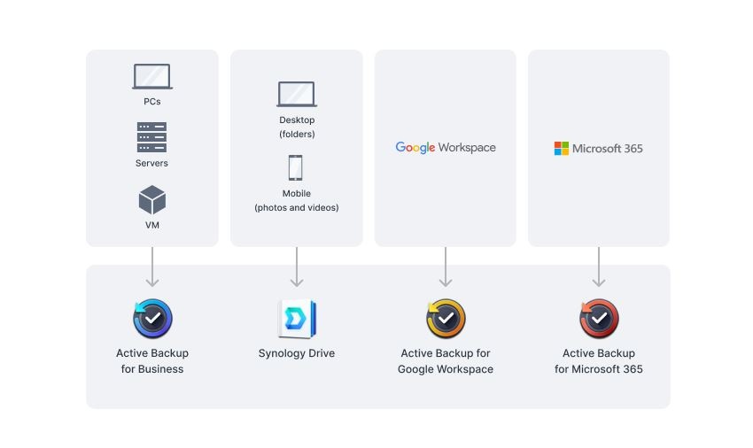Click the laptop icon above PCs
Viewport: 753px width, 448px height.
152,76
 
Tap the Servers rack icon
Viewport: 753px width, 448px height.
151,137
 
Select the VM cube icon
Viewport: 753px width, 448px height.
152,200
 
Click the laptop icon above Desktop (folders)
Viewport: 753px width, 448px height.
297,94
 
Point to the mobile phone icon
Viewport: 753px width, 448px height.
295,167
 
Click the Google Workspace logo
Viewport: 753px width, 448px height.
446,147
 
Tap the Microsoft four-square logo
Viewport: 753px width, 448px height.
562,149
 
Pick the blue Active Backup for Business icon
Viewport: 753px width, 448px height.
152,319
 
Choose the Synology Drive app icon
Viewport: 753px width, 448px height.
297,319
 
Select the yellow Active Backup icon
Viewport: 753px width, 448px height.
446,319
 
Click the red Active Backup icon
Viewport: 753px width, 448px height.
599,319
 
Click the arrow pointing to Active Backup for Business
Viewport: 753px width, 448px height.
152,267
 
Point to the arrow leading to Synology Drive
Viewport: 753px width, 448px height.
297,267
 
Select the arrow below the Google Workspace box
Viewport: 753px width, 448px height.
446,267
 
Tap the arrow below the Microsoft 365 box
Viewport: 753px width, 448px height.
599,267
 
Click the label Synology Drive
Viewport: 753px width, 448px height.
297,353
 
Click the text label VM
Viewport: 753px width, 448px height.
152,225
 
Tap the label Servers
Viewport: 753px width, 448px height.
151,163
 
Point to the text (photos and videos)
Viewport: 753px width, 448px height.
297,207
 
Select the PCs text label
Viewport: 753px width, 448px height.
152,101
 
